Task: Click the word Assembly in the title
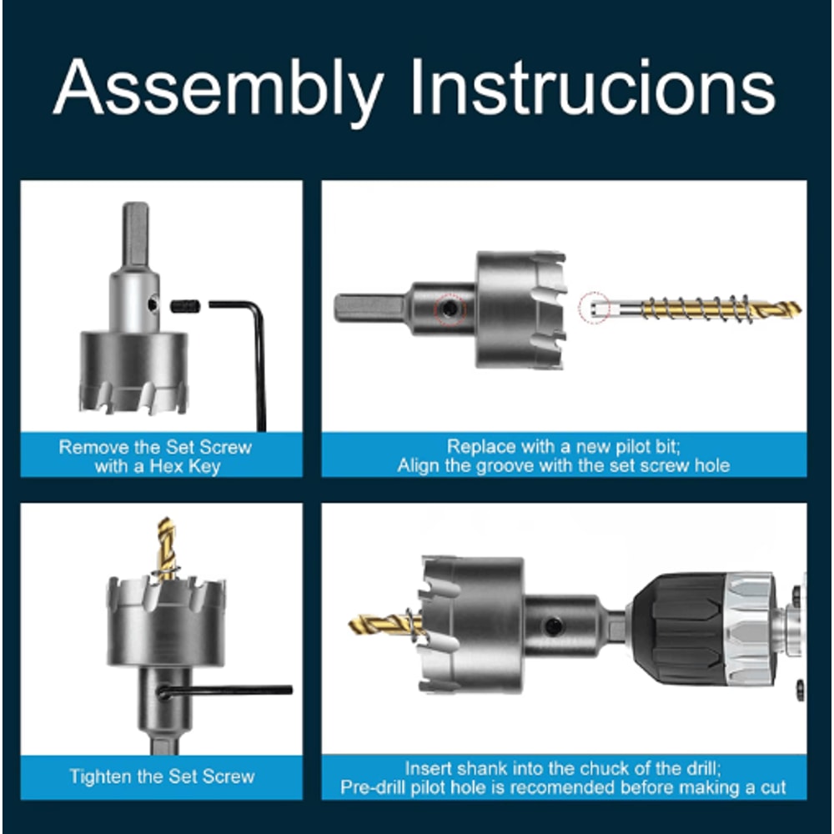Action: (219, 89)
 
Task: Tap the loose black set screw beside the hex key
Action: (186, 306)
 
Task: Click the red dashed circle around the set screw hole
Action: (450, 309)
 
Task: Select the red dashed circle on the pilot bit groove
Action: (594, 308)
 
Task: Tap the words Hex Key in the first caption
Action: (185, 466)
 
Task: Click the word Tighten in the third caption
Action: (101, 776)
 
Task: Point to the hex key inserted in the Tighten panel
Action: (225, 691)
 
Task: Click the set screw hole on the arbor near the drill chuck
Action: (553, 626)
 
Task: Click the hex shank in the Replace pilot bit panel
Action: (369, 308)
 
